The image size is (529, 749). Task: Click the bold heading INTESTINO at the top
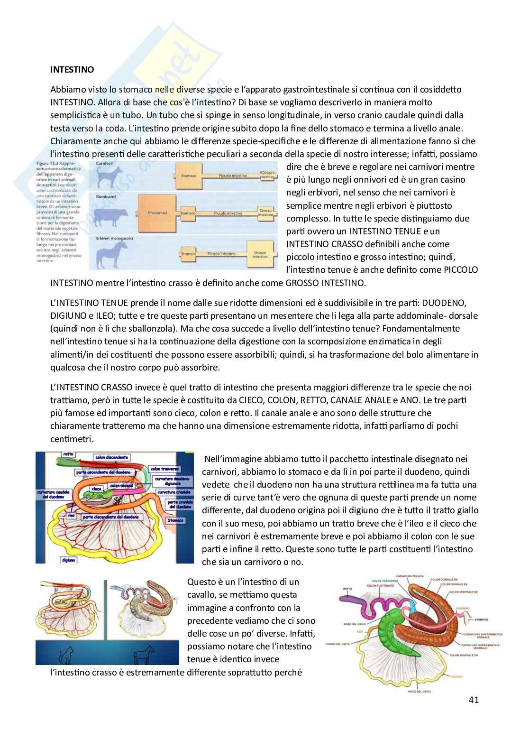tap(72, 70)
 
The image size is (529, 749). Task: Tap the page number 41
tap(473, 699)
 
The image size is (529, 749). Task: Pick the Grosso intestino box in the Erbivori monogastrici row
tap(260, 254)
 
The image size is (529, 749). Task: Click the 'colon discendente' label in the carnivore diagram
tap(112, 458)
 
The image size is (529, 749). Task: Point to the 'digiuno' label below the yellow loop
tap(69, 560)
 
